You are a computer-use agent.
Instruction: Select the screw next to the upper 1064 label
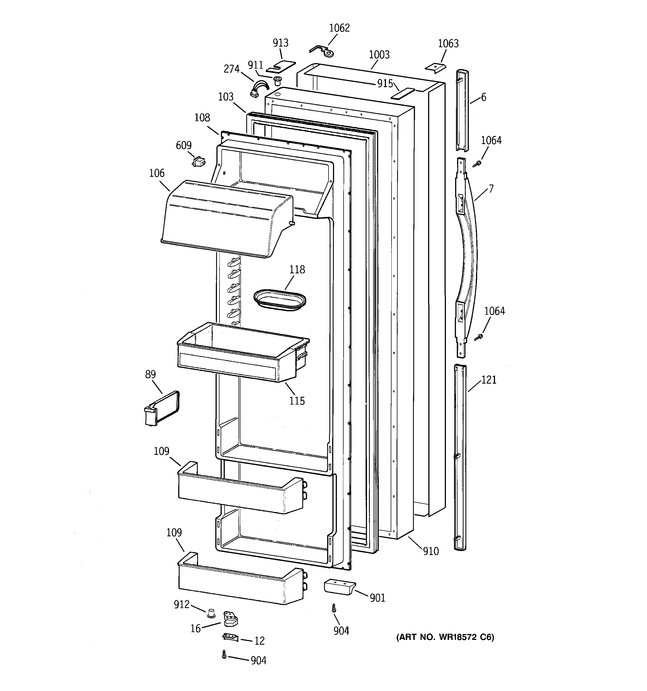click(478, 163)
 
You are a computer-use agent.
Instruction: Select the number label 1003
click(379, 54)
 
